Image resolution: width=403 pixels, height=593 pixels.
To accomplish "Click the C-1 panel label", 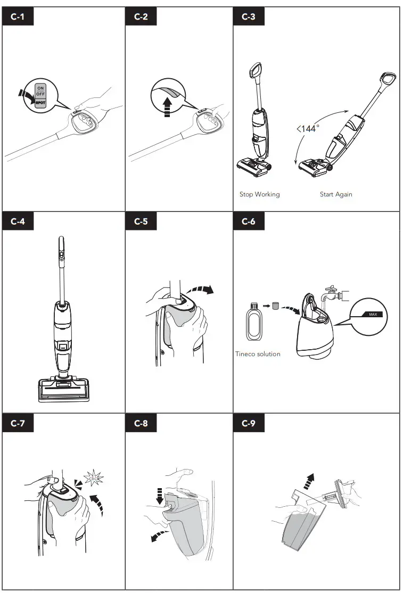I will (x=18, y=17).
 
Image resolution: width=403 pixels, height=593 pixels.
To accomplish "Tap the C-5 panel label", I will (x=141, y=221).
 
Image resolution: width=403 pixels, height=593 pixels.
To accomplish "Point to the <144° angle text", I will (x=307, y=128).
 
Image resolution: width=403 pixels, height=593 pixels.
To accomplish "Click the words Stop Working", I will (x=259, y=194).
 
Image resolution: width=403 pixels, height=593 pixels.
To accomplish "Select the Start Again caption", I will (x=336, y=194).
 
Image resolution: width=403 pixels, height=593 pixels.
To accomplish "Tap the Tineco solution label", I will (x=258, y=354).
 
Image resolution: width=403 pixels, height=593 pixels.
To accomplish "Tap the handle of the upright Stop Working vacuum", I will (x=256, y=70).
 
